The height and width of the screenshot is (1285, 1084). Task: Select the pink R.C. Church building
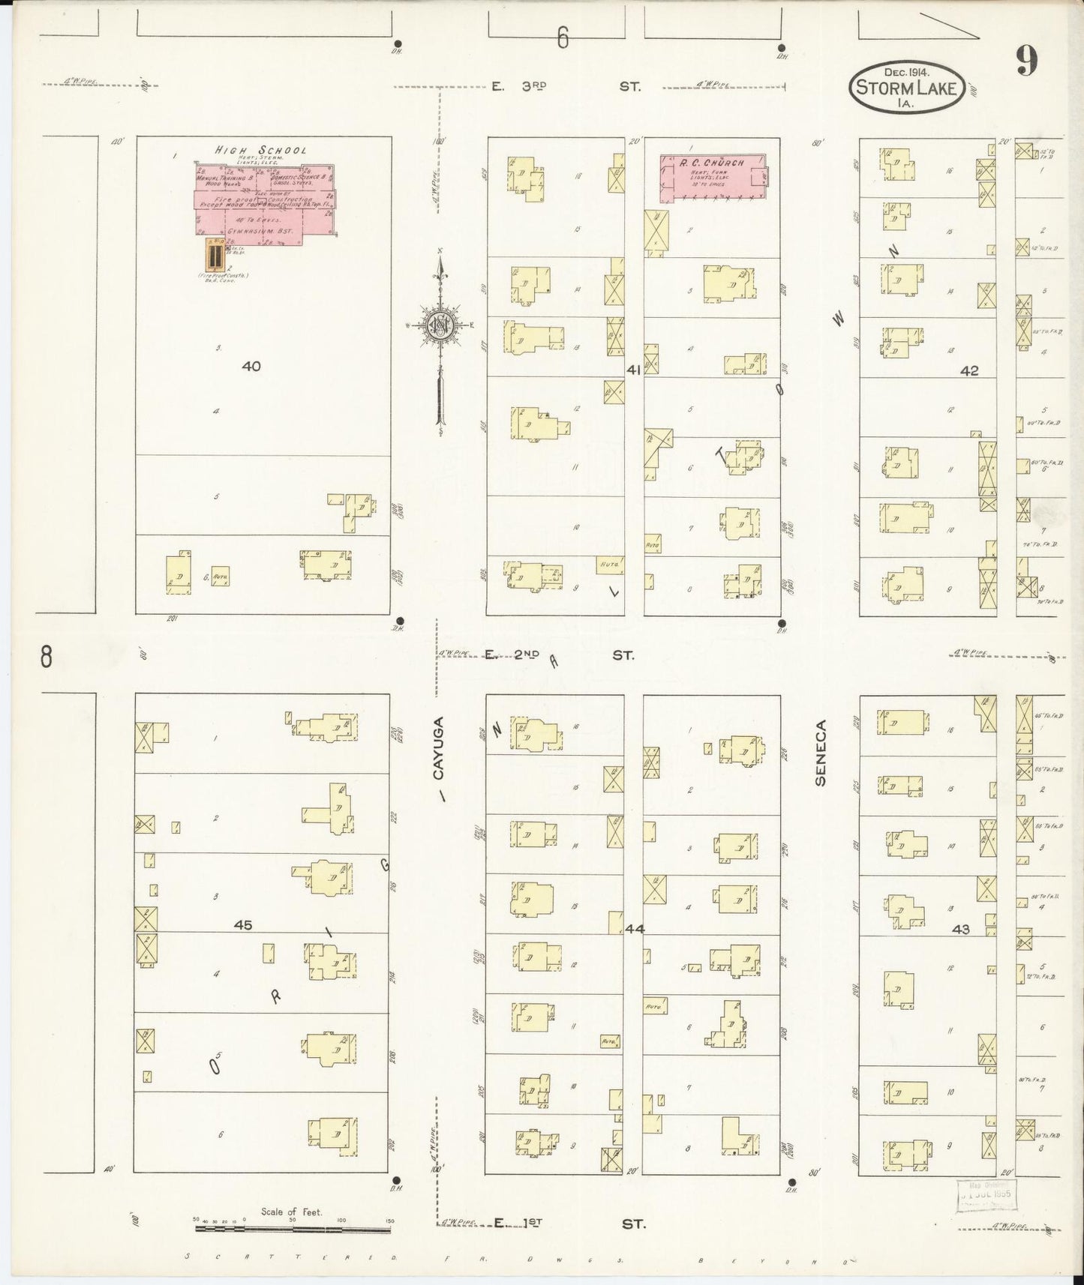pyautogui.click(x=713, y=178)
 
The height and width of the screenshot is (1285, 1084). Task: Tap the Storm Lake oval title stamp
pyautogui.click(x=907, y=88)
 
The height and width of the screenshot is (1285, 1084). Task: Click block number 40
pyautogui.click(x=251, y=367)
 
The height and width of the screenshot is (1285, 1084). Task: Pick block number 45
pyautogui.click(x=242, y=925)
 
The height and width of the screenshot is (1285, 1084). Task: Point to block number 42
pyautogui.click(x=969, y=370)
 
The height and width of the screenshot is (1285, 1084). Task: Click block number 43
pyautogui.click(x=960, y=929)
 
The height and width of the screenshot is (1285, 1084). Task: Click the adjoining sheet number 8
pyautogui.click(x=47, y=657)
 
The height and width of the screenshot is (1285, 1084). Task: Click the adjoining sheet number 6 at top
pyautogui.click(x=563, y=38)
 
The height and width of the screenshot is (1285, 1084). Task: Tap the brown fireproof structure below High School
pyautogui.click(x=214, y=256)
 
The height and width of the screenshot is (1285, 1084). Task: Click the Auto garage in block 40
pyautogui.click(x=220, y=577)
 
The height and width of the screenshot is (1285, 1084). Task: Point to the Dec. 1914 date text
pyautogui.click(x=906, y=72)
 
